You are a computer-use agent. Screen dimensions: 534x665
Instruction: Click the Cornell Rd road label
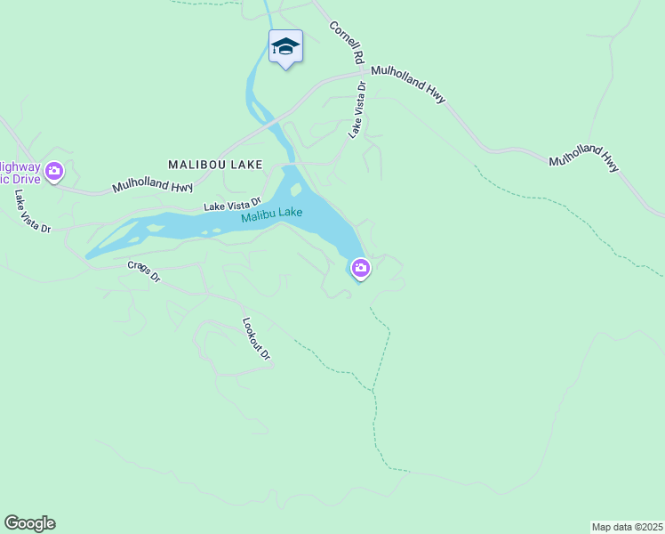click(x=348, y=43)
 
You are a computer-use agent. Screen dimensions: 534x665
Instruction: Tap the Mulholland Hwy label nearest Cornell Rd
click(x=408, y=85)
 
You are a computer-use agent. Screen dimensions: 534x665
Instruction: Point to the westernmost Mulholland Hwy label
click(x=153, y=188)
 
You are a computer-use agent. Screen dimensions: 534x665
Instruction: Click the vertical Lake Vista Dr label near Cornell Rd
click(x=357, y=110)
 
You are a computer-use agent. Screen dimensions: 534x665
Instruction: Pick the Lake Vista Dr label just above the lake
click(x=232, y=205)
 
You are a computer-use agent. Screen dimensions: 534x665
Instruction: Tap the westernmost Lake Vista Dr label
click(x=32, y=212)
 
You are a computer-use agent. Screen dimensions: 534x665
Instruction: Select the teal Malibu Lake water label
click(x=271, y=215)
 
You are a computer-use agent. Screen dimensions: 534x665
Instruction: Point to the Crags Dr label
click(x=143, y=271)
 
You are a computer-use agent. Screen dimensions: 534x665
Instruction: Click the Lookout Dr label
click(x=256, y=338)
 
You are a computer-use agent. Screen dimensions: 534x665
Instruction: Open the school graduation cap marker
click(x=285, y=46)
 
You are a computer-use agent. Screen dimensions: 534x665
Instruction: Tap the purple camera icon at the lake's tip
click(x=360, y=267)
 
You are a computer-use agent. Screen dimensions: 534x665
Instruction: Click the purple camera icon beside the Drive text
click(x=54, y=170)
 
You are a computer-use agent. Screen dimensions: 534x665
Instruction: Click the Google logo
click(x=29, y=523)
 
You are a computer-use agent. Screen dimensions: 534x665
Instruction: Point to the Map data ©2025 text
click(x=627, y=526)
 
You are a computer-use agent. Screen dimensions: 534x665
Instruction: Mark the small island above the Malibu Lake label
click(x=295, y=189)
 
